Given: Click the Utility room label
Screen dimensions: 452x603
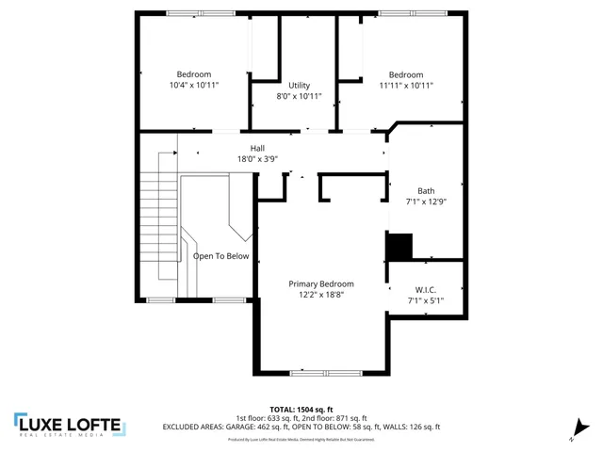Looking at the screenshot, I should (x=299, y=86).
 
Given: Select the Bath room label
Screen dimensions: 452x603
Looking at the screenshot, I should (x=426, y=190).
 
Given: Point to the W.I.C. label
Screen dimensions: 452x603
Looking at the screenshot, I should (x=426, y=289).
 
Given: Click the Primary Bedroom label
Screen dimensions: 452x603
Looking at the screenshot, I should (x=321, y=283).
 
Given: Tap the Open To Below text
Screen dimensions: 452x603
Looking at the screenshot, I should (x=221, y=255).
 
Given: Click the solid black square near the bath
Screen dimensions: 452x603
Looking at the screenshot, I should (x=399, y=247).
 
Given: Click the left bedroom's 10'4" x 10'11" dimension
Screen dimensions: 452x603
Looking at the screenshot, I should (x=194, y=85).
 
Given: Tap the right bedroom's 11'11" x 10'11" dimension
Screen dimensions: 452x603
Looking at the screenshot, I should (x=406, y=86).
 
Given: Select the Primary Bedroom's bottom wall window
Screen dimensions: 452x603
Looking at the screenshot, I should (x=321, y=374).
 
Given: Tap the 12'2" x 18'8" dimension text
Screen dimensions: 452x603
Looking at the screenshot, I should (x=321, y=295).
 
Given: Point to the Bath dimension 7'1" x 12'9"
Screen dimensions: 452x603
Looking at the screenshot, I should (x=426, y=201).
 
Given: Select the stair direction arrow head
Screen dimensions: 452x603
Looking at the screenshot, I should (x=174, y=152).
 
